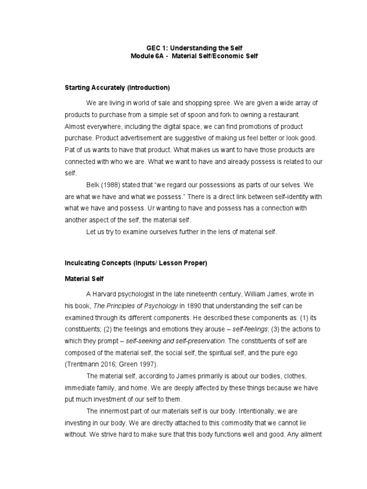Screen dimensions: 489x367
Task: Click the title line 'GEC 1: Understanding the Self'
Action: coord(183,48)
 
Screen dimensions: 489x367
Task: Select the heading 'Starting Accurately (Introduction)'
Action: coord(117,88)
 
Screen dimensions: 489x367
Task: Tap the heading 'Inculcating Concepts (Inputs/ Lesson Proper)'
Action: coord(136,263)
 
